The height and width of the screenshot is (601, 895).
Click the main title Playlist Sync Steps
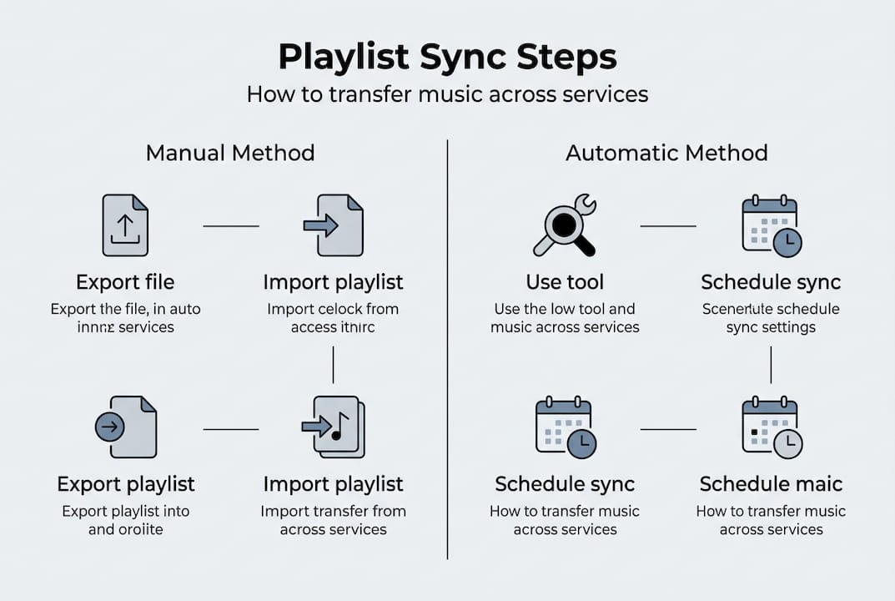coord(447,57)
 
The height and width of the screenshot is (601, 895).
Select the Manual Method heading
coord(230,153)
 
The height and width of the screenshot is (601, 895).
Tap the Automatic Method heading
coord(666,153)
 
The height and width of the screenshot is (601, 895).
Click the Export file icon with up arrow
coord(125,225)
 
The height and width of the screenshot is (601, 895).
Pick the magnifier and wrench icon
coord(565,225)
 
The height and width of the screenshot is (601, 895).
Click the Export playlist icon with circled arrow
coord(125,427)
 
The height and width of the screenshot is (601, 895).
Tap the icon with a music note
coord(333,427)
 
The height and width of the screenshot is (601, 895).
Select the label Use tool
coord(565,282)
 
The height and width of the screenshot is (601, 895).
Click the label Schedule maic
coord(771,484)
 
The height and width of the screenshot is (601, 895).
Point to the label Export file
coord(125,282)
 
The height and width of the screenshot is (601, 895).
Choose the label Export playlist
coord(125,484)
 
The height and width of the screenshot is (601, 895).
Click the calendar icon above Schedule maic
coord(771,428)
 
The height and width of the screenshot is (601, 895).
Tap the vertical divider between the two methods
coord(448,351)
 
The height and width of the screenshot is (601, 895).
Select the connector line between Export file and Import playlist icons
coord(231,226)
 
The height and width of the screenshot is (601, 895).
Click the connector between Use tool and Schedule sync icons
coord(667,226)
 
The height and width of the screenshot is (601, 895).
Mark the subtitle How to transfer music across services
coord(447,93)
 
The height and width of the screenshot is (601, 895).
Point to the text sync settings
coord(771,327)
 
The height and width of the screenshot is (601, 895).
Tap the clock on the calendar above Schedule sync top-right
coord(787,243)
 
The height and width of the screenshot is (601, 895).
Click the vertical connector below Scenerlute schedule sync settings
coord(771,365)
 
